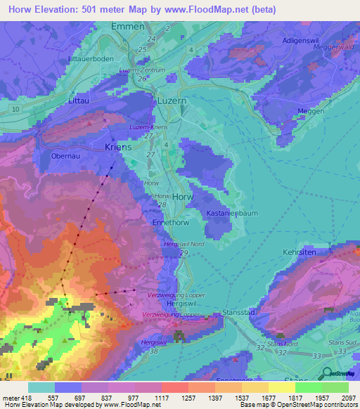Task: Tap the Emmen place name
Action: (x=128, y=26)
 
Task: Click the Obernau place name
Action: (x=66, y=155)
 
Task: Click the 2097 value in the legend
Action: (x=349, y=398)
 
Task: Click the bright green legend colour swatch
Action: (x=309, y=387)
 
